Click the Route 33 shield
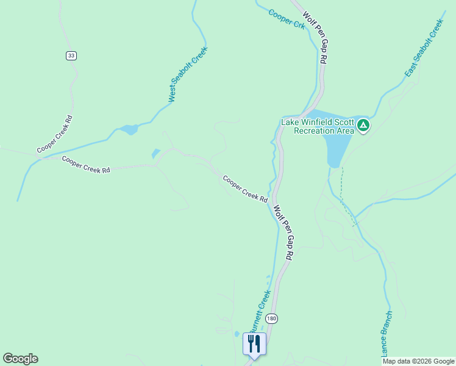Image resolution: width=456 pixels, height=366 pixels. pos(71,56)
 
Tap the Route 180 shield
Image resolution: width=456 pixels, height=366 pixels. pos(272,318)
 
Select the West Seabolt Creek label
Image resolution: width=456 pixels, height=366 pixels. pos(188,74)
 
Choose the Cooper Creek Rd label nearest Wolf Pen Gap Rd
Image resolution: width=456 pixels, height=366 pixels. pos(245,189)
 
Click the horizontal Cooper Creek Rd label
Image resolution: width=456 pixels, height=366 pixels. pos(85,165)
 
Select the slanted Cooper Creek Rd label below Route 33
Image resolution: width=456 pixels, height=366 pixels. pos(55,134)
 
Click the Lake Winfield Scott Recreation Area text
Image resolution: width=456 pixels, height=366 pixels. pos(317,126)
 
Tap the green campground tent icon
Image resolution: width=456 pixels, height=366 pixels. pos(363,126)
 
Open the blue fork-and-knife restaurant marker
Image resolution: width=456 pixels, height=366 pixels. pos(254,343)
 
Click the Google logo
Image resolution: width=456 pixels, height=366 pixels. pos(20,359)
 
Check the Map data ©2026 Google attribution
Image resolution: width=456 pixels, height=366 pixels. pos(418,361)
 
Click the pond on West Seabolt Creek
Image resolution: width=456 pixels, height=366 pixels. pos(129,129)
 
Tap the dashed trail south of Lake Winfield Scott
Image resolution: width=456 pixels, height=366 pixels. pos(343,189)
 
